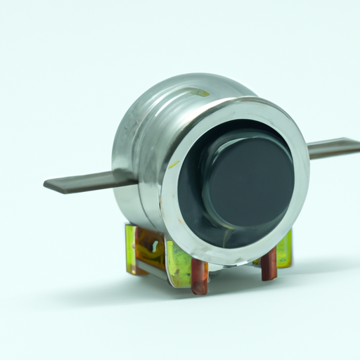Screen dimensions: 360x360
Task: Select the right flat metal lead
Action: [x=334, y=148]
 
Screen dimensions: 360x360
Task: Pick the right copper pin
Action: [x=269, y=264]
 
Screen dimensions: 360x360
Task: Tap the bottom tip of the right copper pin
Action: [x=269, y=278]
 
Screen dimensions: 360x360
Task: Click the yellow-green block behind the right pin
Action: [x=283, y=250]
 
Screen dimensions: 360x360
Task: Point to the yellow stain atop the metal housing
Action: [x=201, y=92]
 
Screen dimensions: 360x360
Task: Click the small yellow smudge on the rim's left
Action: [x=173, y=165]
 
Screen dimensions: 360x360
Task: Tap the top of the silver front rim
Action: [x=239, y=103]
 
